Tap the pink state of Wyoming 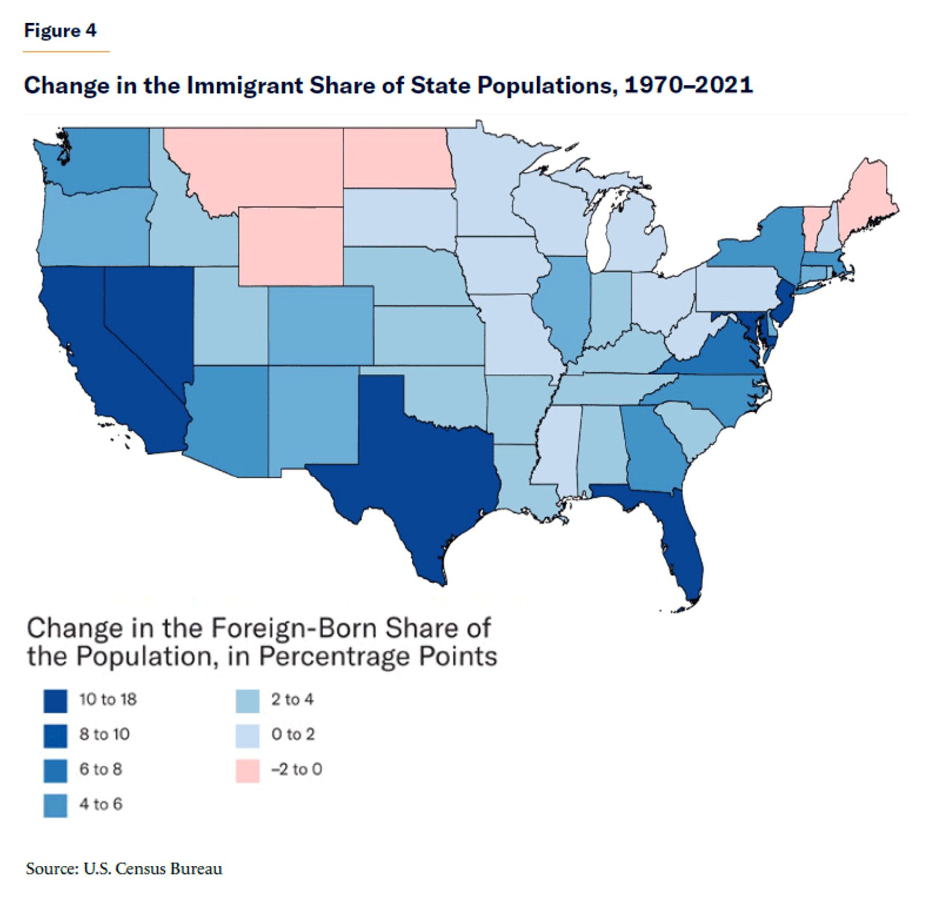(x=291, y=245)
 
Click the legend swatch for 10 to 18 (x=55, y=701)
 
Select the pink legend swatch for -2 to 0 (x=247, y=771)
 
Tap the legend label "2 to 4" (x=293, y=700)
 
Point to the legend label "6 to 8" (x=101, y=769)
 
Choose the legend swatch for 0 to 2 (x=247, y=736)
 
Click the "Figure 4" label (x=61, y=31)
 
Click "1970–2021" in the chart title (x=689, y=85)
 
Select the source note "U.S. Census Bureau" (x=153, y=869)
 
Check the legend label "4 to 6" (x=101, y=804)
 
